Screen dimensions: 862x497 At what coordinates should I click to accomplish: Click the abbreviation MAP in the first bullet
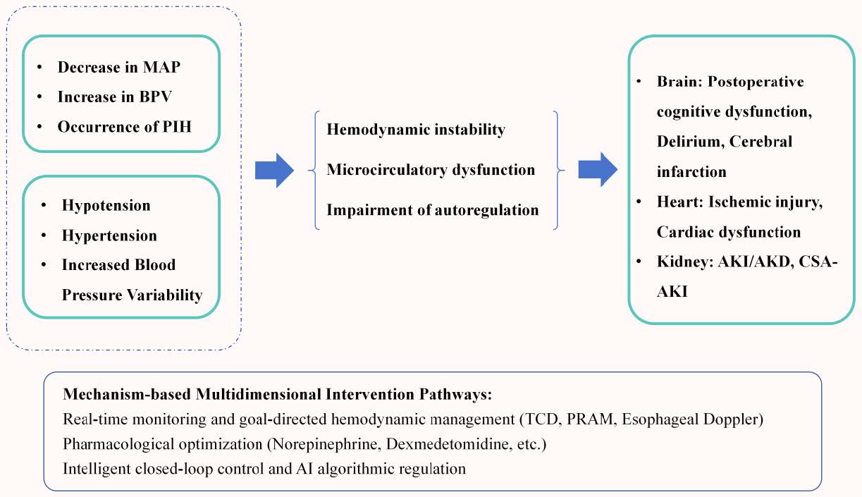pyautogui.click(x=161, y=68)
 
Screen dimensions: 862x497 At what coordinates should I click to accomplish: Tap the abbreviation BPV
pyautogui.click(x=156, y=97)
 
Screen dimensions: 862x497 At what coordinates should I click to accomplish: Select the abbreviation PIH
pyautogui.click(x=177, y=127)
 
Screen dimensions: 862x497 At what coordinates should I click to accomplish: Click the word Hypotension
pyautogui.click(x=106, y=206)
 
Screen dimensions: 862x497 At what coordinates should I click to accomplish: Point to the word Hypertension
pyautogui.click(x=110, y=235)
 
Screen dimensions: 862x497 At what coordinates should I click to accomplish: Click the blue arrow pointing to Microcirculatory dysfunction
pyautogui.click(x=274, y=171)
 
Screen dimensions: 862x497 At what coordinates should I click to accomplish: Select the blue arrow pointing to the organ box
pyautogui.click(x=598, y=170)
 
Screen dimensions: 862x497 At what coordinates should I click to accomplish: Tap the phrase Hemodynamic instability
pyautogui.click(x=416, y=130)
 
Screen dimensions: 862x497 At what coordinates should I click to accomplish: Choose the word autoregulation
pyautogui.click(x=487, y=210)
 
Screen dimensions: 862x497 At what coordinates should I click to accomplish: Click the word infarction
pyautogui.click(x=691, y=172)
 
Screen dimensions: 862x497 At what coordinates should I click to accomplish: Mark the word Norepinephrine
pyautogui.click(x=327, y=444)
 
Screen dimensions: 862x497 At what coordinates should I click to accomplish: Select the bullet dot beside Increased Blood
pyautogui.click(x=44, y=265)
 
